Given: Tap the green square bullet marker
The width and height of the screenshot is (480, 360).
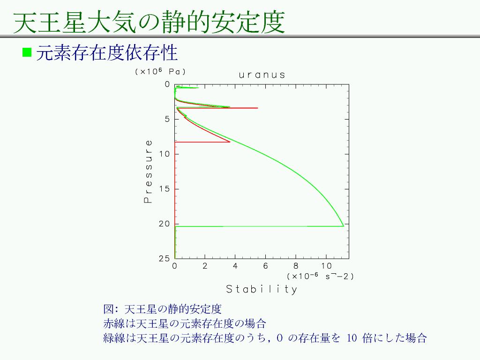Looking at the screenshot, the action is [x=27, y=52].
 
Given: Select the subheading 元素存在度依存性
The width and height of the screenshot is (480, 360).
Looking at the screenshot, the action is [x=107, y=52].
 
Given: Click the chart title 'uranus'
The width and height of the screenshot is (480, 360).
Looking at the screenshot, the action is [x=262, y=75].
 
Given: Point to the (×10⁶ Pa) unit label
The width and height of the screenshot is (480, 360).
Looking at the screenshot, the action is [x=160, y=72].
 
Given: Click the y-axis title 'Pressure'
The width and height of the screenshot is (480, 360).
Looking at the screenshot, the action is [x=148, y=172].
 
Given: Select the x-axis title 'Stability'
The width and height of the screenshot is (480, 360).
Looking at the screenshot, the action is [x=262, y=289].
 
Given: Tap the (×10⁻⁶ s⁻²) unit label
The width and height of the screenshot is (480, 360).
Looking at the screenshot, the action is [x=320, y=276].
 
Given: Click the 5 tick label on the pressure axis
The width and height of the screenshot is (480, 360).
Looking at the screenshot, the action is [x=167, y=119].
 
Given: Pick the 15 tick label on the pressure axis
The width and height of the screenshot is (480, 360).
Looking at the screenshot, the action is [x=165, y=189].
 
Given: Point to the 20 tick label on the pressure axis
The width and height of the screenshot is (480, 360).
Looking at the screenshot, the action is [x=165, y=224].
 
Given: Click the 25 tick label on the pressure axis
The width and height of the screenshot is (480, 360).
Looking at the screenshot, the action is [x=165, y=259].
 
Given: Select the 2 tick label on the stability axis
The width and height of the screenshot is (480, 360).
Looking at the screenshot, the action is [x=205, y=266].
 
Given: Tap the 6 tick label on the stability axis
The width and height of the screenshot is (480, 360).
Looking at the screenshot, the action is [x=265, y=266].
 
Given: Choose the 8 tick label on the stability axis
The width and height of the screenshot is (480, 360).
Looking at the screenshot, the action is [x=296, y=266].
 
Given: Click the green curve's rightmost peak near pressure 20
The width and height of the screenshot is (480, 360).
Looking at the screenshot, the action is [x=344, y=226].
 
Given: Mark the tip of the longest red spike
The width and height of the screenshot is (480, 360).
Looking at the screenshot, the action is [x=258, y=108].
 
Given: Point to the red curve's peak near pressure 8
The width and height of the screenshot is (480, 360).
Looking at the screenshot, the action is [x=230, y=142].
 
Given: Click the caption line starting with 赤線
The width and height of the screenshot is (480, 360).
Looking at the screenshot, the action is [x=185, y=323].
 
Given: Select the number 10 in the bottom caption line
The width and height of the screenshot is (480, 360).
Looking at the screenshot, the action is [x=352, y=338].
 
